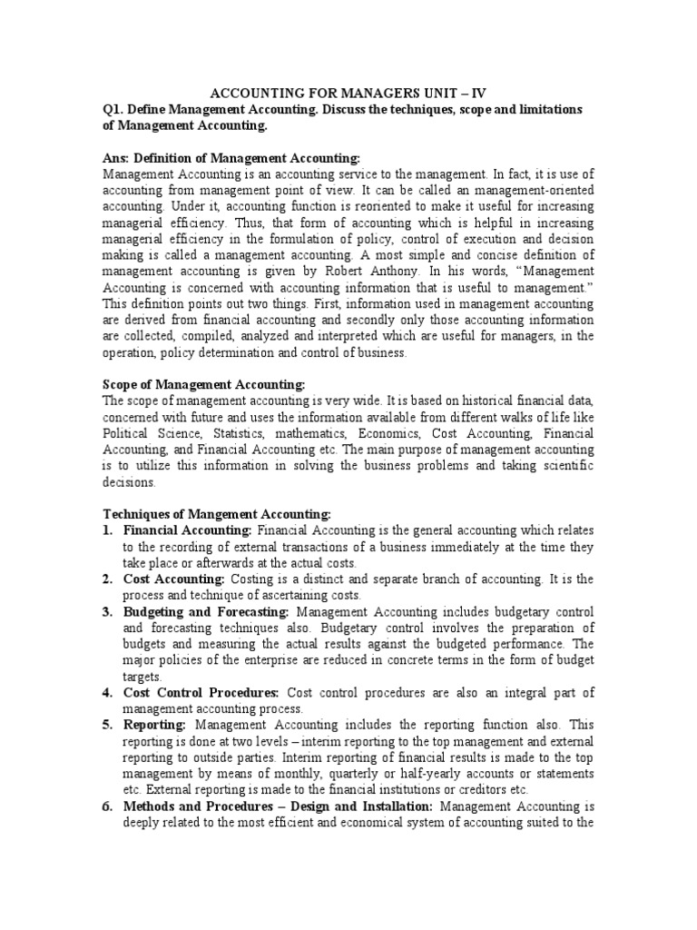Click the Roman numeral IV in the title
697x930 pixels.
click(475, 93)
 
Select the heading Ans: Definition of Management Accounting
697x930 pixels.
click(231, 157)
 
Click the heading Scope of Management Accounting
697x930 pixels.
click(204, 385)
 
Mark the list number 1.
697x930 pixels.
click(107, 529)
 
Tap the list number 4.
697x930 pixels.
click(107, 693)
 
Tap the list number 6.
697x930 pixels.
click(107, 807)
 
